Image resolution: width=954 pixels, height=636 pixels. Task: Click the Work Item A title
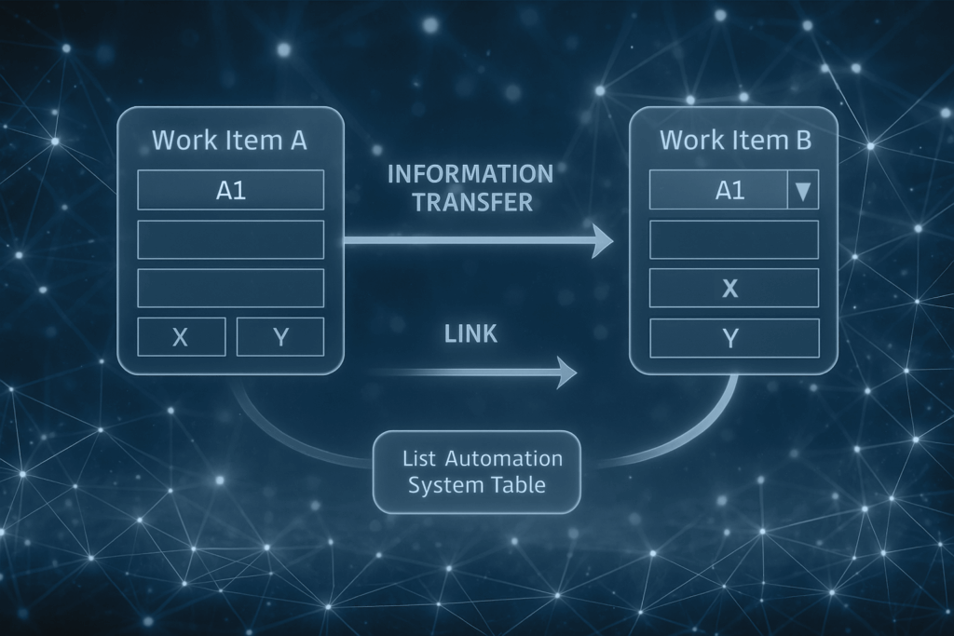click(229, 141)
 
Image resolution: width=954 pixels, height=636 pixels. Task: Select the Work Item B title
click(736, 141)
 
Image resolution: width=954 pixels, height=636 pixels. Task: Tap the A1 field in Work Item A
click(231, 190)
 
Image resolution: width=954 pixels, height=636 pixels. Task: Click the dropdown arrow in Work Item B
click(802, 190)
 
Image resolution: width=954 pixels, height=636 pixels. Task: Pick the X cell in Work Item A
click(182, 336)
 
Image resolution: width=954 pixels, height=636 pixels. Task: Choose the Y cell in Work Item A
click(279, 336)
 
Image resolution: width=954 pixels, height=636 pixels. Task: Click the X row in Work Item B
click(734, 288)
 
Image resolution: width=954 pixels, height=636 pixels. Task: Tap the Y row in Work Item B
click(734, 338)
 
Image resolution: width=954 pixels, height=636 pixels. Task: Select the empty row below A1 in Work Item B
click(734, 239)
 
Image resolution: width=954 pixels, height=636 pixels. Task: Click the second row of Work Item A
click(231, 239)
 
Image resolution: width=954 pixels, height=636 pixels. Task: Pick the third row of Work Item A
click(231, 288)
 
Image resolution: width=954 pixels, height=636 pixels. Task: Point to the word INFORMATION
click(470, 174)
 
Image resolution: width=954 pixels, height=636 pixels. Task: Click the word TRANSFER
click(472, 202)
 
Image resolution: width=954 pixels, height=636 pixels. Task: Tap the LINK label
click(470, 333)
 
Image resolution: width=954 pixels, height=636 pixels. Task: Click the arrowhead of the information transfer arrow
click(603, 241)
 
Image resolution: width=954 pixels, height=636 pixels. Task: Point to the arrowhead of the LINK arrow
click(567, 372)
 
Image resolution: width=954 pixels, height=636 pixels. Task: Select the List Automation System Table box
click(476, 472)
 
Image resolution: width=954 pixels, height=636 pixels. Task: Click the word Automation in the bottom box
click(504, 458)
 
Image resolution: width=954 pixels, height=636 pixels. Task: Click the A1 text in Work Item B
click(729, 190)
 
